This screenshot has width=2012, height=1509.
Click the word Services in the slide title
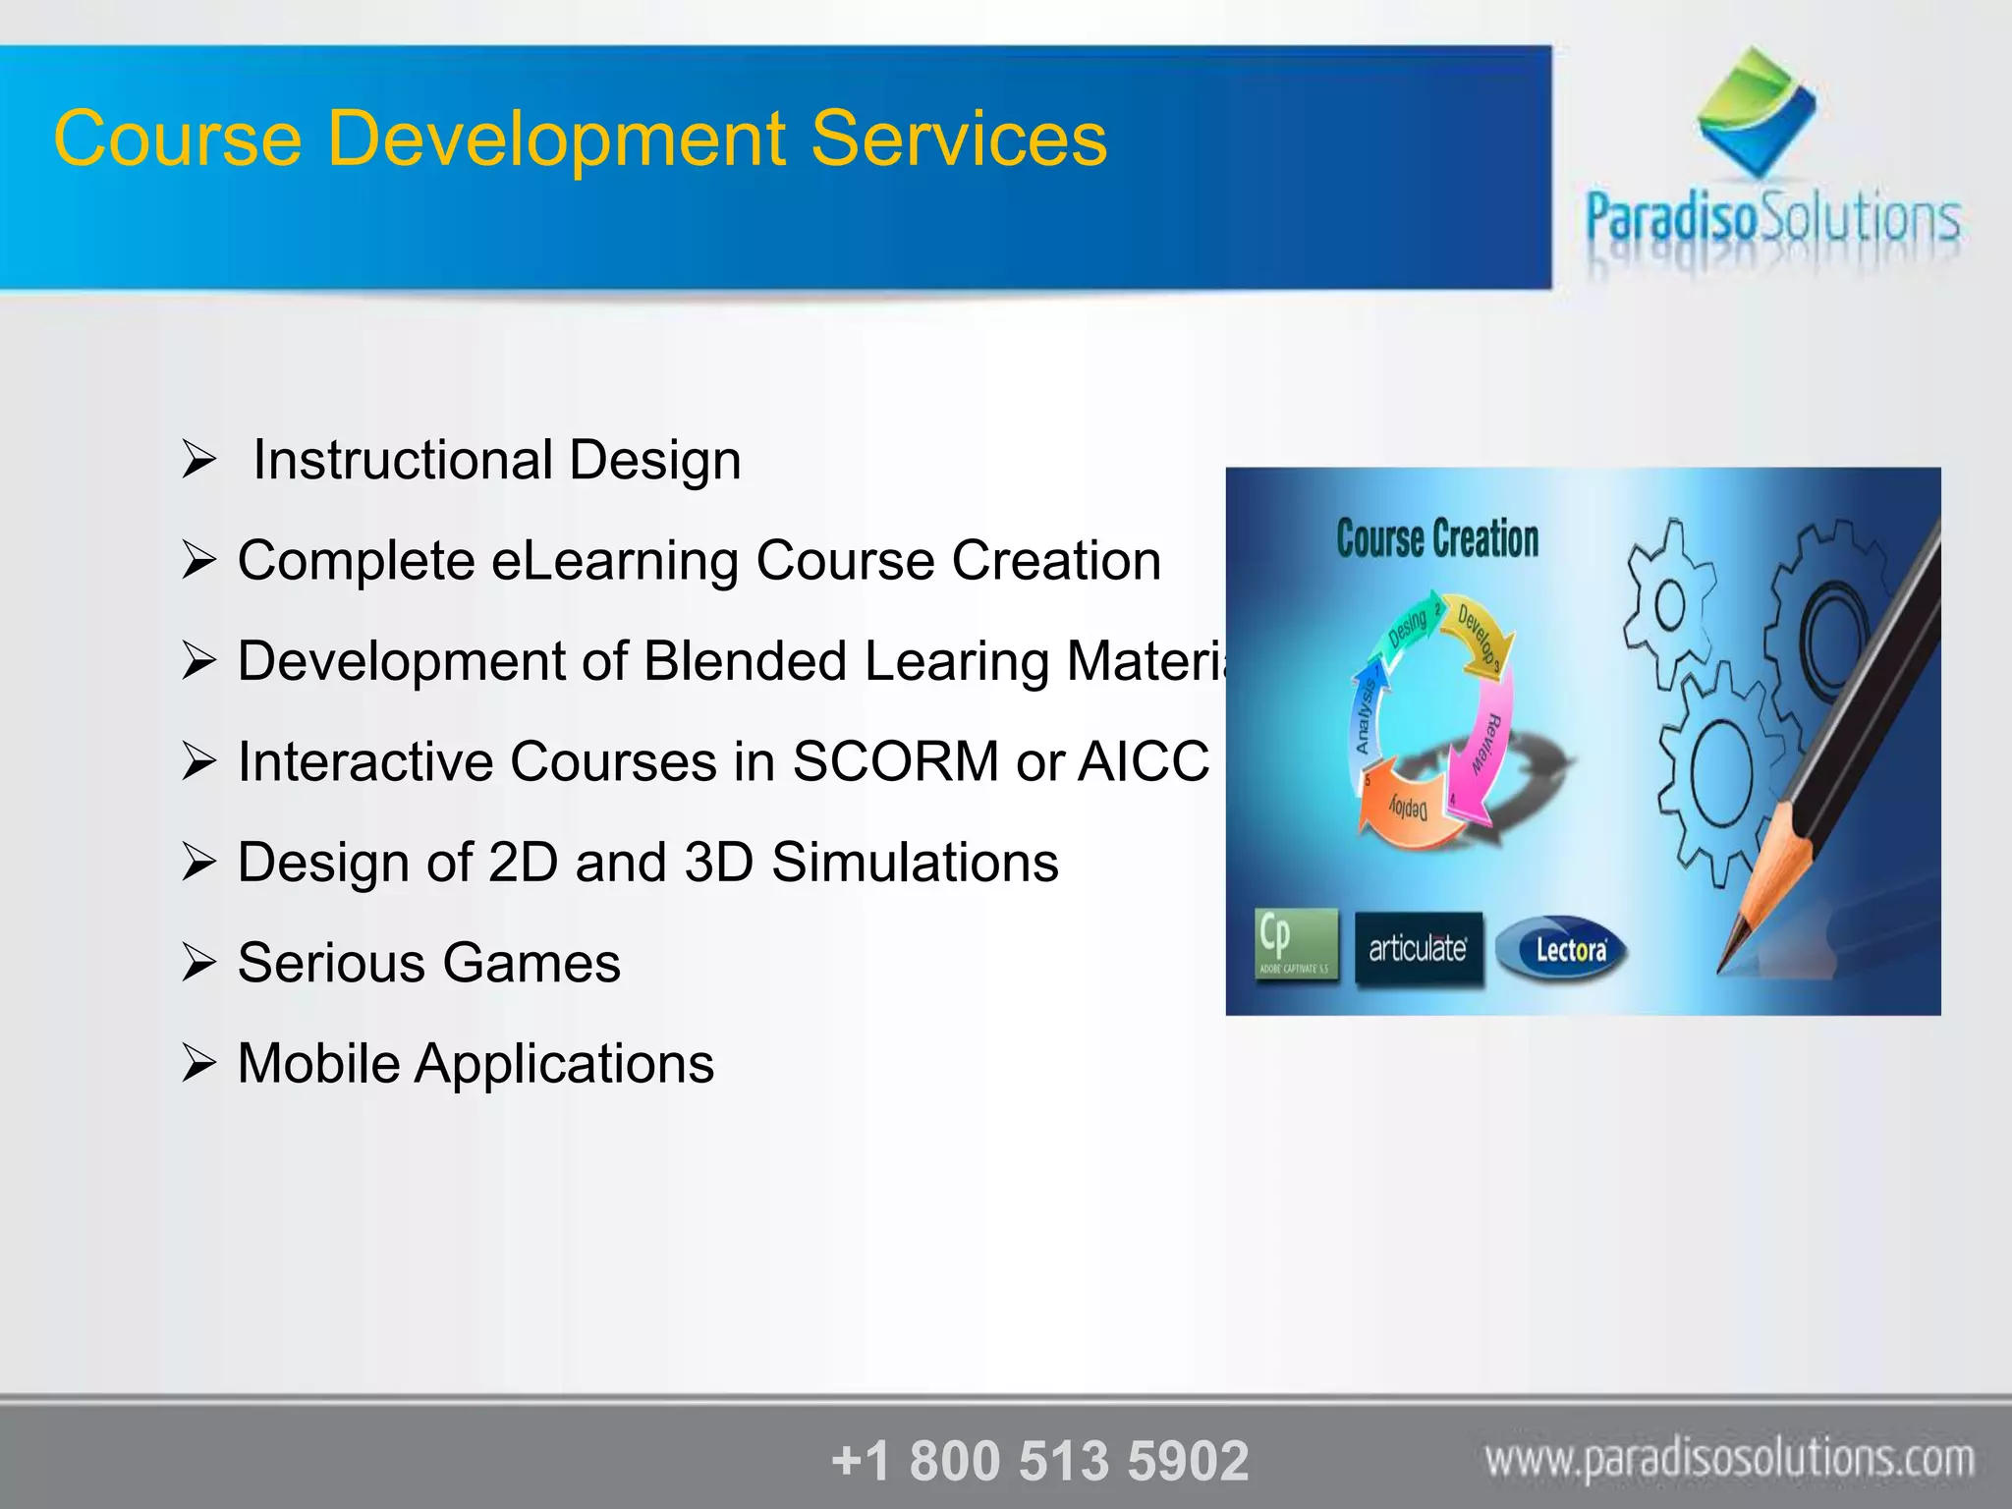pos(959,139)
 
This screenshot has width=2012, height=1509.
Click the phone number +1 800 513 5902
pos(1039,1460)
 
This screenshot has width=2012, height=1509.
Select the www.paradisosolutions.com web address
pos(1729,1459)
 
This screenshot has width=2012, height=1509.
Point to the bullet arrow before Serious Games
pos(197,963)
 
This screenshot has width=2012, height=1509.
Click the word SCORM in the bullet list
pos(895,761)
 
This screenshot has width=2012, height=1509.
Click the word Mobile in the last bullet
pos(317,1064)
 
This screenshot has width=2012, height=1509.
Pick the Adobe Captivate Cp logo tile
pos(1296,944)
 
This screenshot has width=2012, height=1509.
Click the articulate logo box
pos(1418,948)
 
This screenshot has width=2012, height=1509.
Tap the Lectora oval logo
pos(1562,949)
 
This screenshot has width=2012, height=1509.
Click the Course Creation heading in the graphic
pos(1437,539)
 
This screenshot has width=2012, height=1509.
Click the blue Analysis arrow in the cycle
pos(1366,711)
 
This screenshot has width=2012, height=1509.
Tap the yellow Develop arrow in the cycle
pos(1480,633)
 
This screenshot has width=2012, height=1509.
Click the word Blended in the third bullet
pos(745,661)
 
